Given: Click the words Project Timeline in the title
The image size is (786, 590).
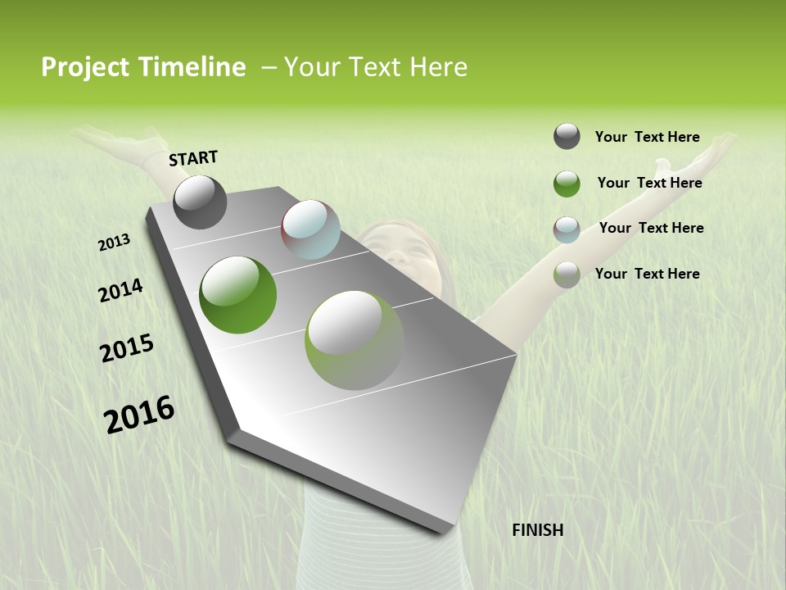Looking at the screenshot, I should click(x=143, y=67).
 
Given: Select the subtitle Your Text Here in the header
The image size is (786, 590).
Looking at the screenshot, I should click(x=376, y=67).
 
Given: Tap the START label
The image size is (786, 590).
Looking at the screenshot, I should click(x=193, y=159).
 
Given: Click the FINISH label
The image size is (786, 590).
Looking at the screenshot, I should click(x=538, y=530).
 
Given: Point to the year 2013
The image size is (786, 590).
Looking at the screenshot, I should click(x=114, y=243).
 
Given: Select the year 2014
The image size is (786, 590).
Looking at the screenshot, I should click(x=120, y=290).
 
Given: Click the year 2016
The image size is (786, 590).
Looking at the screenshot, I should click(x=139, y=415).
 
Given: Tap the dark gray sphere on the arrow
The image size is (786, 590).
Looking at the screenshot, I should click(x=200, y=202).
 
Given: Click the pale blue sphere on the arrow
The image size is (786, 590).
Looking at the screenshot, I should click(x=310, y=229).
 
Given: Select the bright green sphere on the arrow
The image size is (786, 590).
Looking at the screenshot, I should click(x=238, y=295).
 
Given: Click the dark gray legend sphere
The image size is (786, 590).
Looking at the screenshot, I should click(x=567, y=137).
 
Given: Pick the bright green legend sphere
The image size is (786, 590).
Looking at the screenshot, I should click(x=567, y=184).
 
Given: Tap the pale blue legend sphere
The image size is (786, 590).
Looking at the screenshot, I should click(x=567, y=229).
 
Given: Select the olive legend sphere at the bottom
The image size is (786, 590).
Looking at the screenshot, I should click(x=567, y=275).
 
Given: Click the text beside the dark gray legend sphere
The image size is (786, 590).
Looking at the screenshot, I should click(x=647, y=137).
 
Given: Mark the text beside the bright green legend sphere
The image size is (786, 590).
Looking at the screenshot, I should click(x=649, y=183).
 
